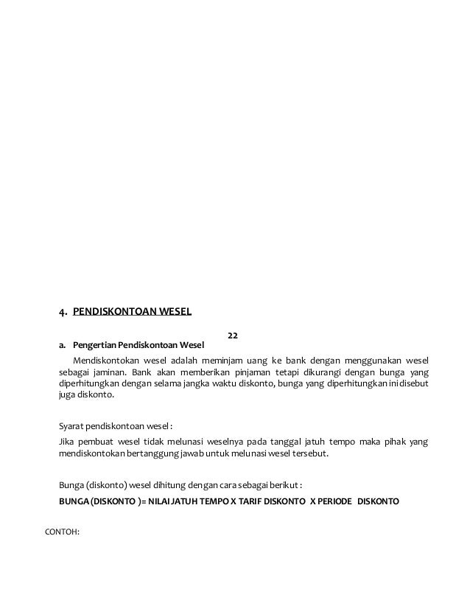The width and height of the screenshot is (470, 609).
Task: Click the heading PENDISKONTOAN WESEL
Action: (132, 310)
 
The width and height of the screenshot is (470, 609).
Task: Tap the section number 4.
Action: (63, 310)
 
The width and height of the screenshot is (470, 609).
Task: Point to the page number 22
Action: (232, 335)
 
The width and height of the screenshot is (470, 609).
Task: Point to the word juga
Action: (68, 394)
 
